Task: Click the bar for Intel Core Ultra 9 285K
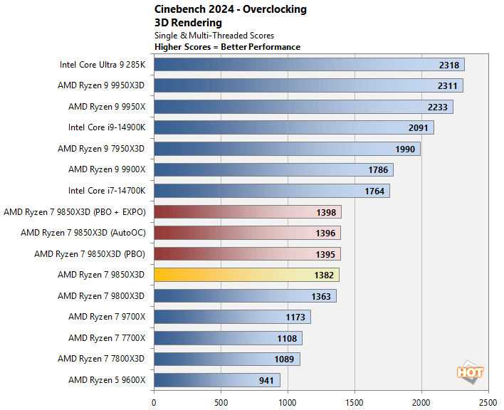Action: (309, 65)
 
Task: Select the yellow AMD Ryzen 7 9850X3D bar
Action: (246, 275)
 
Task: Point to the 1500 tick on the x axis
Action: (355, 401)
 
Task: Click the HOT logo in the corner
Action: (471, 372)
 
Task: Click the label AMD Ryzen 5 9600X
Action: (107, 380)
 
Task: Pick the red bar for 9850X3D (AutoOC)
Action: (247, 233)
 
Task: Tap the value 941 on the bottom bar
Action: (266, 380)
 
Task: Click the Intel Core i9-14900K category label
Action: (106, 127)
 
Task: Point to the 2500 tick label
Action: (488, 401)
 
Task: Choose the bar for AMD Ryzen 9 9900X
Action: (273, 169)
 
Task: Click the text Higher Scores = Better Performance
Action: (227, 47)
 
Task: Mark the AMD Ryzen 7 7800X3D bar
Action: (226, 359)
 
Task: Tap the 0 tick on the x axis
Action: (154, 401)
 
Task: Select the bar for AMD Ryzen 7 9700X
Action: (232, 317)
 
